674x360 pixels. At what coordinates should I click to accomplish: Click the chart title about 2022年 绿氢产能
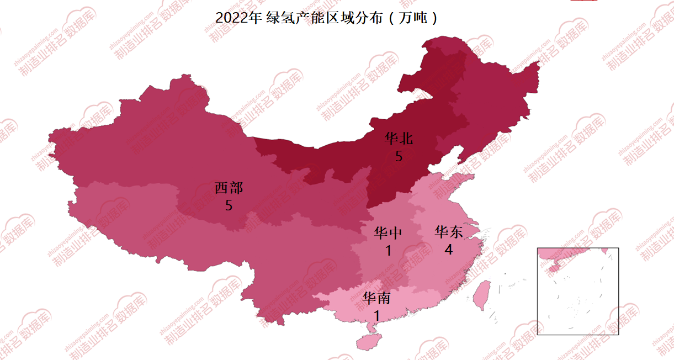(327, 18)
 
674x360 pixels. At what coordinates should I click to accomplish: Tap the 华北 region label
(399, 138)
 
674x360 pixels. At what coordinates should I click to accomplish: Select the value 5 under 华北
(399, 156)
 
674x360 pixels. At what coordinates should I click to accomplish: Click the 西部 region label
(229, 188)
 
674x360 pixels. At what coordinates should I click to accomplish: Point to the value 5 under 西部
(229, 205)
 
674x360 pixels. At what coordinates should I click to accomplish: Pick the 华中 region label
(388, 232)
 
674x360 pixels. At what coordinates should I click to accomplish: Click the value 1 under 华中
(388, 251)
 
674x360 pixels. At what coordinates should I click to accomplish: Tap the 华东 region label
(449, 231)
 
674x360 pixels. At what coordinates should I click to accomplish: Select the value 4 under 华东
(449, 250)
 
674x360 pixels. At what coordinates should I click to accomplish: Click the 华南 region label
(376, 299)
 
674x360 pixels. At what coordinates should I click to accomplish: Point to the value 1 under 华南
(376, 316)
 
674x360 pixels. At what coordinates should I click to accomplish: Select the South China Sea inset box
(578, 291)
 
